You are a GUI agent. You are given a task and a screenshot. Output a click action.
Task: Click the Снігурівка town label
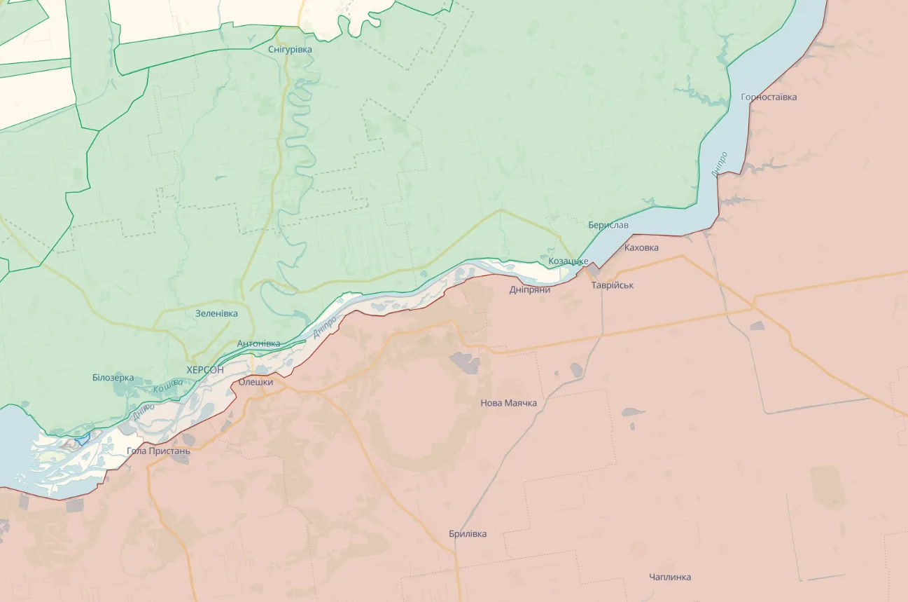click(x=290, y=50)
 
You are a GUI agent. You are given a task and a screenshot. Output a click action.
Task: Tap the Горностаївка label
click(x=769, y=97)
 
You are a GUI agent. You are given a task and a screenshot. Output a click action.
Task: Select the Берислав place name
click(x=608, y=225)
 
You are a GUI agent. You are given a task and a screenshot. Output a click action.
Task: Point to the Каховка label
click(x=641, y=247)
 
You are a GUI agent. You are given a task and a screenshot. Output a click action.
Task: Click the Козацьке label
click(x=568, y=261)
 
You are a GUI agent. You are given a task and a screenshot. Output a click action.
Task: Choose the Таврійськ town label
click(x=612, y=285)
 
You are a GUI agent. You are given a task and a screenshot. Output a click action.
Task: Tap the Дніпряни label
click(x=529, y=289)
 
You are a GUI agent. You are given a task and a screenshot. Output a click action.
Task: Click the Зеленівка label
click(x=216, y=313)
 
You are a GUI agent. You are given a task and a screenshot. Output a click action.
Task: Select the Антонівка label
click(x=258, y=343)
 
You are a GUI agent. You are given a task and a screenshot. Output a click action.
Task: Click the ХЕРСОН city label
click(x=205, y=369)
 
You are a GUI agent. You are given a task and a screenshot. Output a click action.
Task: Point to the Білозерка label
click(x=113, y=377)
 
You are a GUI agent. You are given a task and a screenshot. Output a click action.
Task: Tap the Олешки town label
click(x=256, y=382)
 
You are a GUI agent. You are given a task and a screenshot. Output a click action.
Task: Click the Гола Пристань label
click(x=158, y=451)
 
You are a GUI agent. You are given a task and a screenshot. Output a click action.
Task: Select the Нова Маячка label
click(x=508, y=403)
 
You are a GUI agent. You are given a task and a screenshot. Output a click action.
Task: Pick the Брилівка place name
click(x=468, y=534)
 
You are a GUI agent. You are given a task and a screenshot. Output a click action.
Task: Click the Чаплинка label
click(x=669, y=577)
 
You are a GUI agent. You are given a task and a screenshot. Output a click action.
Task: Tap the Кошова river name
click(x=168, y=385)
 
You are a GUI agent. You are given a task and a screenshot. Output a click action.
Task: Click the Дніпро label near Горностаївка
click(x=719, y=163)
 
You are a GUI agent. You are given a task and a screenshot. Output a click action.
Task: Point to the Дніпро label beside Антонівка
click(x=325, y=327)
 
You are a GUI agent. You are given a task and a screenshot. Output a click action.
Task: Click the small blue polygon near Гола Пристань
click(x=83, y=439)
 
